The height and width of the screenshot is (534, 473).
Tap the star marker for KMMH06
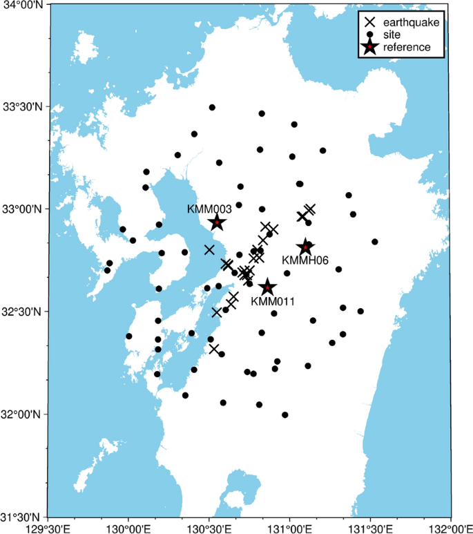306,247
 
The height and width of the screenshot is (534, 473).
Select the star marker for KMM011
267,287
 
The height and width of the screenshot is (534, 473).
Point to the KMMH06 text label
305,260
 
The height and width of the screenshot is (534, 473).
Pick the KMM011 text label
273,301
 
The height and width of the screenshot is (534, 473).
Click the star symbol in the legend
370,47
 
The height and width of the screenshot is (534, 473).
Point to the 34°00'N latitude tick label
23,5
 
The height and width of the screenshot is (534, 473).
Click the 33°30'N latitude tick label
23,107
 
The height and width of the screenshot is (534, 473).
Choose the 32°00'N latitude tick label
23,414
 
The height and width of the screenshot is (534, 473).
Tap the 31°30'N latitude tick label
23,517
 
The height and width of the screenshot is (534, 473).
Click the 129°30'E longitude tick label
48,528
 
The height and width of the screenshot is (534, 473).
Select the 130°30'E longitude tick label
209,528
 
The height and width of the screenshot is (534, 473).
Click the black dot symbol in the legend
370,35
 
